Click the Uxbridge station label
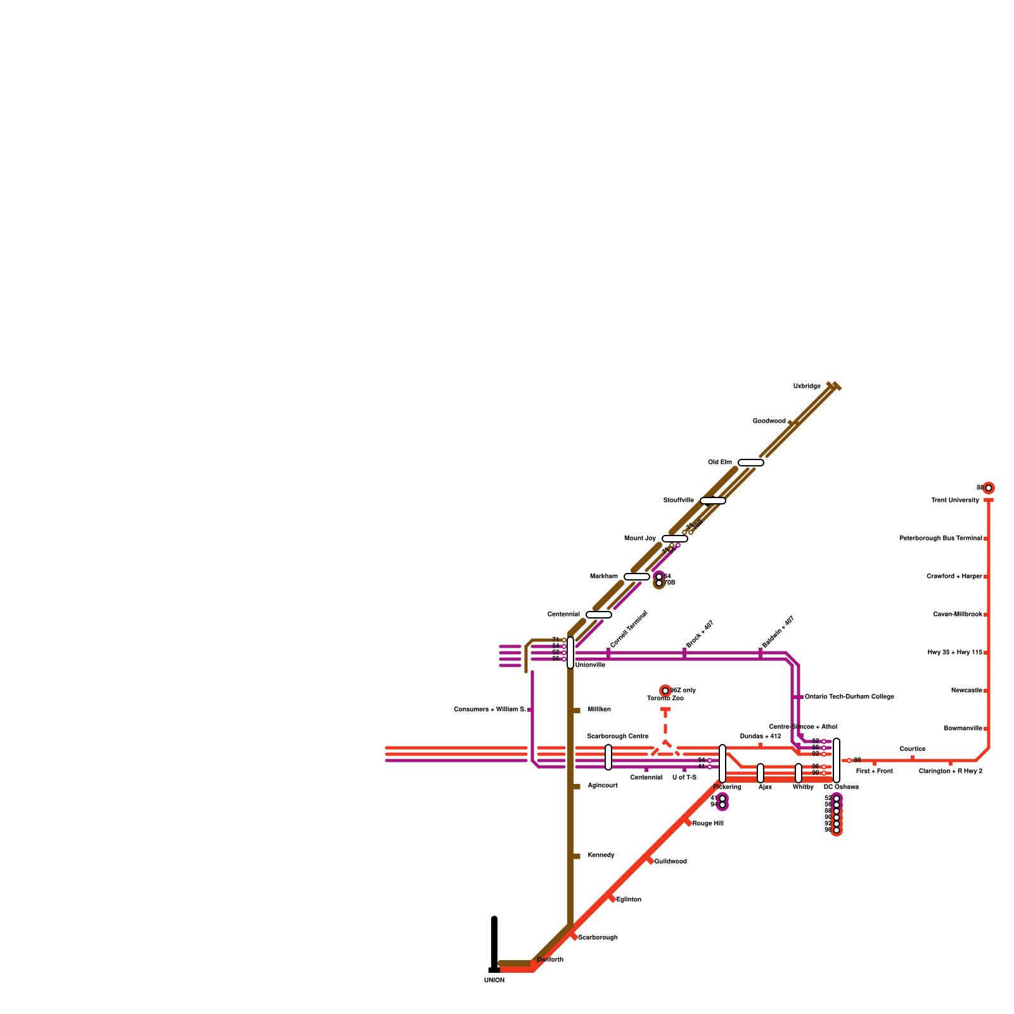807,386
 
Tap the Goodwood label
769,421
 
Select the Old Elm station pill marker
750,463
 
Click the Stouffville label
678,500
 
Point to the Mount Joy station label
639,538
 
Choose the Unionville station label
589,665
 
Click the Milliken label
599,709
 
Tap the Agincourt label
602,785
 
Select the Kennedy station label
601,855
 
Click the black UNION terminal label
494,980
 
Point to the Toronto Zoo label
665,698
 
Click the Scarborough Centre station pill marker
608,757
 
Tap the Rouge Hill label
707,823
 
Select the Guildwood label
670,861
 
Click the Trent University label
954,500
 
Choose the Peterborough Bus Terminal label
940,538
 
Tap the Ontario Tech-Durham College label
849,696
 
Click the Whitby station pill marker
799,773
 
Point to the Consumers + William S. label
489,709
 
